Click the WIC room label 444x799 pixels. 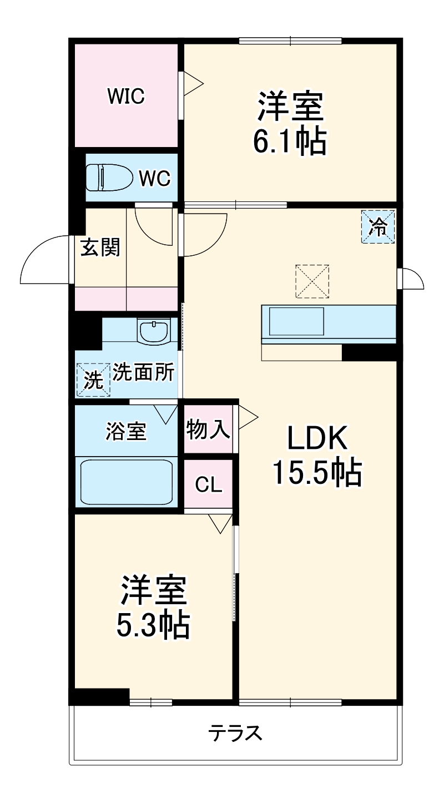(126, 96)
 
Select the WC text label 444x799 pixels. (154, 179)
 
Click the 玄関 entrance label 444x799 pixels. (100, 247)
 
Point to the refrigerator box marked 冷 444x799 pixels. (379, 226)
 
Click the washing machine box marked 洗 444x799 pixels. (93, 380)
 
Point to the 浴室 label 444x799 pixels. (126, 431)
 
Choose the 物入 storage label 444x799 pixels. (208, 429)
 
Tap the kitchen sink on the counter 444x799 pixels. (296, 322)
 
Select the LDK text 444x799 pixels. (317, 439)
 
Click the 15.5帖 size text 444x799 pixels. (317, 473)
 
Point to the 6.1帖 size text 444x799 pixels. (290, 141)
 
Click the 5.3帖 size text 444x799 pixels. (153, 625)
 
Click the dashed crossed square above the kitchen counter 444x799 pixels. (312, 281)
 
